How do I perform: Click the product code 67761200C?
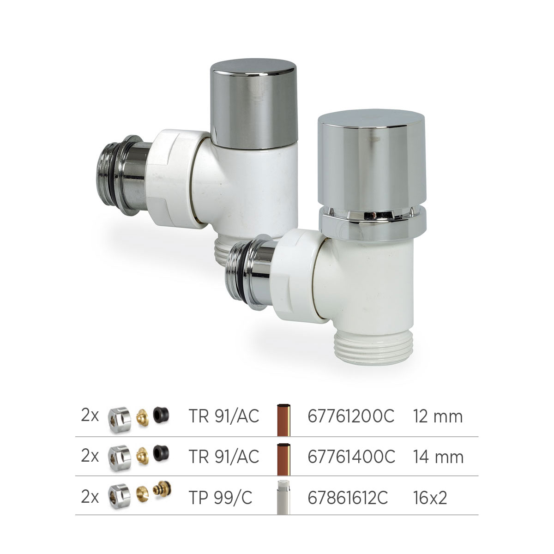tap(351, 416)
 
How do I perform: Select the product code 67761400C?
tap(351, 457)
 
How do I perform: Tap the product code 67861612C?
tap(348, 497)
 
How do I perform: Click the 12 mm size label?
tap(438, 416)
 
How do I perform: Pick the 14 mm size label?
tap(439, 457)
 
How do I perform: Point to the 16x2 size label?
tap(430, 497)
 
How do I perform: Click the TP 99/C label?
tap(220, 497)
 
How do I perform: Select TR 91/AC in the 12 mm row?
tap(223, 416)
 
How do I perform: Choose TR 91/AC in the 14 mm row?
tap(223, 457)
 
